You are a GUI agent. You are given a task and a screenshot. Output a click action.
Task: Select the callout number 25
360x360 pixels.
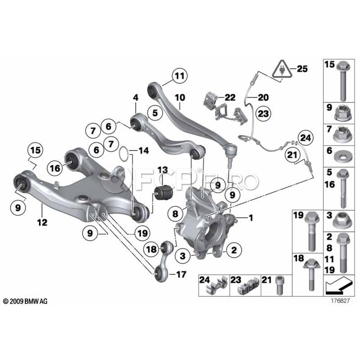pos(302,69)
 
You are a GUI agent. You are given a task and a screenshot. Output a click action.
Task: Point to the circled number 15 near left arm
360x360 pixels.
pos(35,151)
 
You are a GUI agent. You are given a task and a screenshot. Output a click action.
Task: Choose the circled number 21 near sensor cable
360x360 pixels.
pos(292,154)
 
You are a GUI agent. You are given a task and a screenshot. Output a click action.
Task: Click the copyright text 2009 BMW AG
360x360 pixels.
pos(25,301)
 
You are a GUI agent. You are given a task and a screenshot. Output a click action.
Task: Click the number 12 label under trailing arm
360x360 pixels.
pos(42,222)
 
